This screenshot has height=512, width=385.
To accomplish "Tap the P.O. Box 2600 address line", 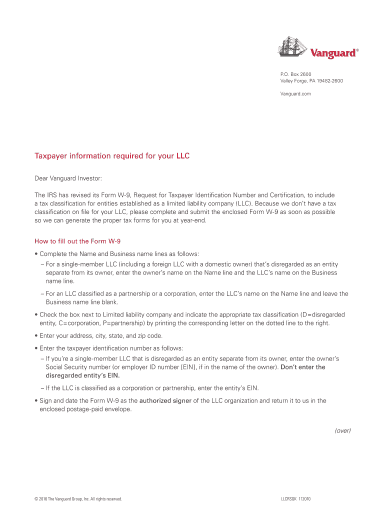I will tap(295, 74).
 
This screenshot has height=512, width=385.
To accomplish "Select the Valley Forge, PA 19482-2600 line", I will tap(311, 81).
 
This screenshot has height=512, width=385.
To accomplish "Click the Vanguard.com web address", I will tap(295, 94).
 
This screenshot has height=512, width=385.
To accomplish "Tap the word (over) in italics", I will tap(342, 430).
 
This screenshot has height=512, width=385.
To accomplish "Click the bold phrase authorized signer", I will tap(165, 400).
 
